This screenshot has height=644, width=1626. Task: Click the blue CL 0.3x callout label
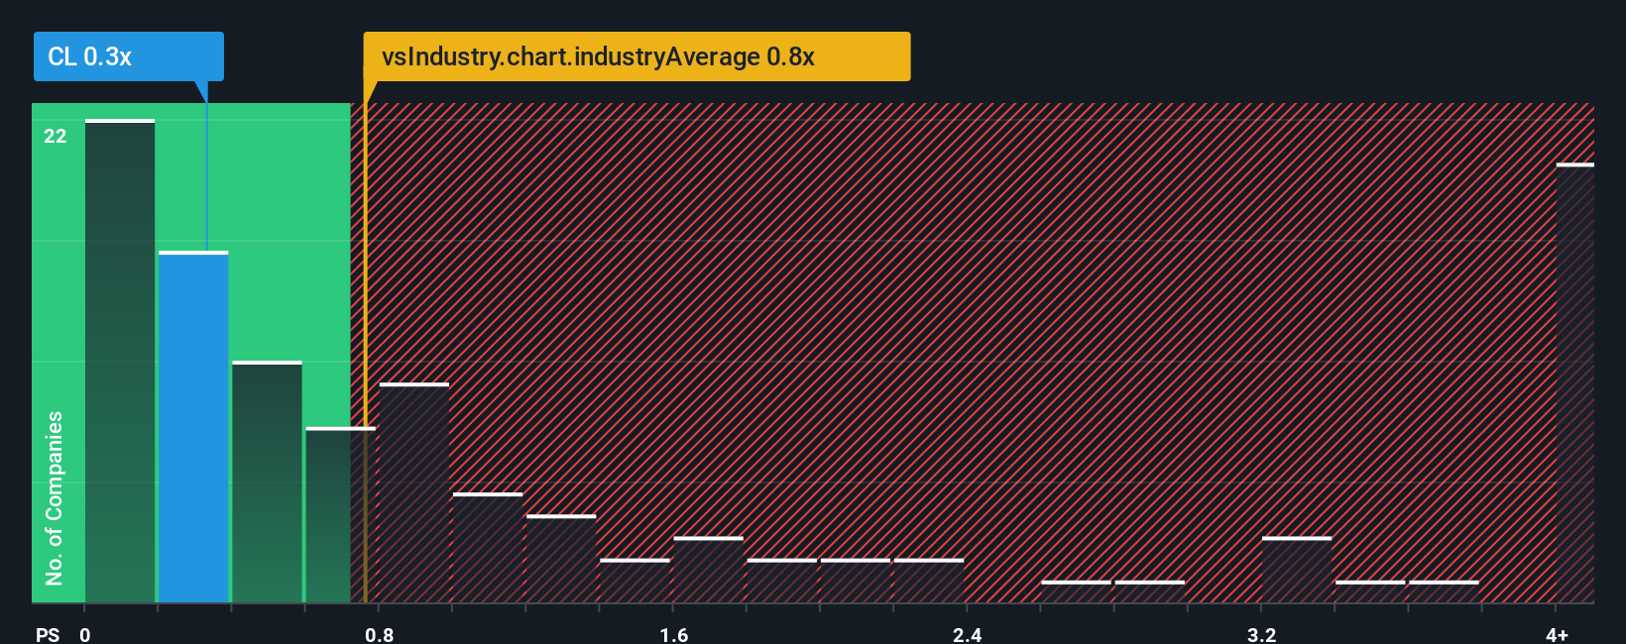point(128,56)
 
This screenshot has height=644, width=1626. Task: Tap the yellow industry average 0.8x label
point(636,56)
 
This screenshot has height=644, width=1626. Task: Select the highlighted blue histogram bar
point(193,426)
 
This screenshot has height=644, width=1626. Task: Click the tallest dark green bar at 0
point(120,362)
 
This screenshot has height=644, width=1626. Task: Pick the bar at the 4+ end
point(1574,383)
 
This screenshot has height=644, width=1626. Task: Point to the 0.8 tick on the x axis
point(379,634)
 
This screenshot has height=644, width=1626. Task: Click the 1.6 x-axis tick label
point(673,634)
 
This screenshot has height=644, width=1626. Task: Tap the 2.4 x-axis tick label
point(967,634)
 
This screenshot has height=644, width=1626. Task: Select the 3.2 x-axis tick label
point(1261,634)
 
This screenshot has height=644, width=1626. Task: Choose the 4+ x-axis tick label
point(1557,634)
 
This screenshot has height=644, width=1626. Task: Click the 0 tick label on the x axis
point(85,634)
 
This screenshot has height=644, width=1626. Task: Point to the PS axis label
point(48,634)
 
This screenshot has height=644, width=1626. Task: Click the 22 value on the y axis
point(56,136)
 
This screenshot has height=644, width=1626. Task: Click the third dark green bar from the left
point(267,483)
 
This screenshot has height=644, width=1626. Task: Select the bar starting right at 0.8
point(414,493)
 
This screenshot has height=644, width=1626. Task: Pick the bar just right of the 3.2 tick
point(1297,571)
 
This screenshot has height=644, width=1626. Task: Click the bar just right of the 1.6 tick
point(708,571)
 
